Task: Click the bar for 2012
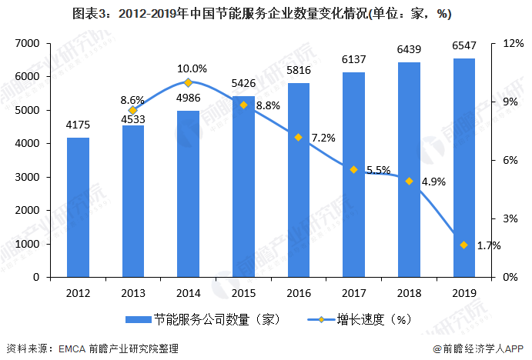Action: tap(78, 207)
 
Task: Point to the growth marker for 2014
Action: tap(188, 82)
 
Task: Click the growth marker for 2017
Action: tap(353, 169)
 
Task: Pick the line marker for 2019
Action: tap(463, 245)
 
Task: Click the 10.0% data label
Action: tap(192, 68)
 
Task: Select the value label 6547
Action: tap(464, 45)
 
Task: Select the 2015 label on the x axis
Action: tap(243, 293)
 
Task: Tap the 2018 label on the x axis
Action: tap(409, 293)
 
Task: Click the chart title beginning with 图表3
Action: tap(266, 15)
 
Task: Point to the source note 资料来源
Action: tap(92, 348)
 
